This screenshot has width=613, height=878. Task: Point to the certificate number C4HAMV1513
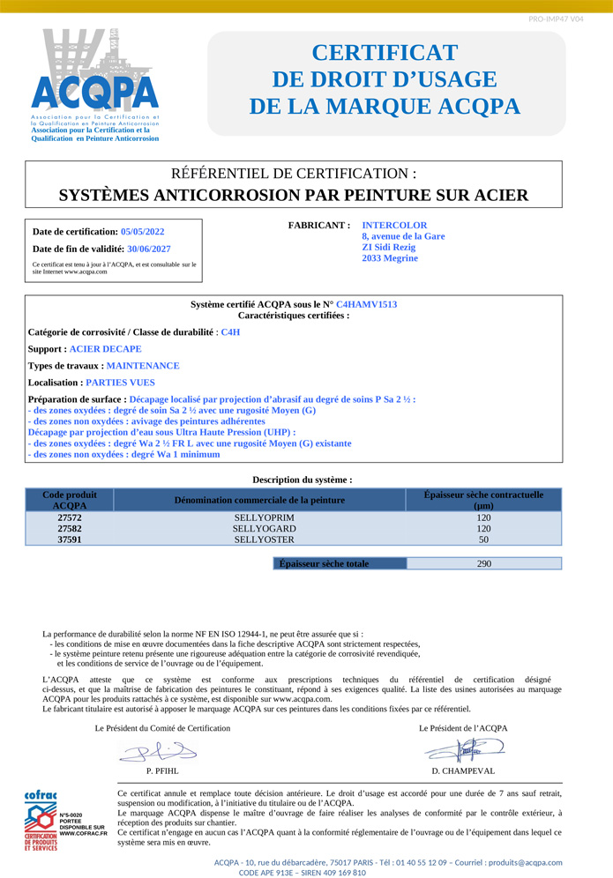point(366,304)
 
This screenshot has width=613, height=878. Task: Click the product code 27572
point(70,518)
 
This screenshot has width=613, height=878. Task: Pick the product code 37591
point(70,539)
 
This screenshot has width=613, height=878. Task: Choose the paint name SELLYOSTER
point(259,539)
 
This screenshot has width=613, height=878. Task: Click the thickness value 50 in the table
point(483,539)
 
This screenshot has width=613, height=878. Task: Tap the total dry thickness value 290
point(483,564)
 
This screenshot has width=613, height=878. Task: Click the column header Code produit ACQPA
point(70,501)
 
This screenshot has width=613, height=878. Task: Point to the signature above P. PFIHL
point(159,752)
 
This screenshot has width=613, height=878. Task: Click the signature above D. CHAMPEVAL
point(463,750)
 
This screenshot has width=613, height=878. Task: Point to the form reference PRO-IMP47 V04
point(556,19)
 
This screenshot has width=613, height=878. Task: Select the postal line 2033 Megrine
point(390,258)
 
